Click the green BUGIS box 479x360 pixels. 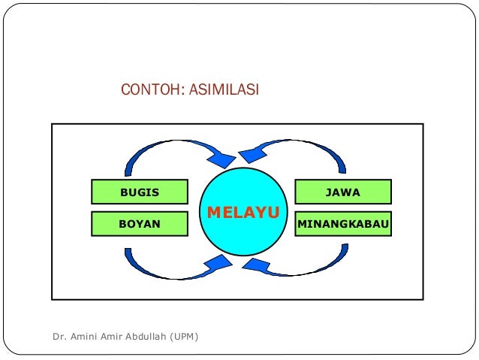point(139,192)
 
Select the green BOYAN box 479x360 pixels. point(139,224)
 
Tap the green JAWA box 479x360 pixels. point(342,192)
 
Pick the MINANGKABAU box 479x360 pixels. point(342,224)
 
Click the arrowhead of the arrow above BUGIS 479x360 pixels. point(222,158)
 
